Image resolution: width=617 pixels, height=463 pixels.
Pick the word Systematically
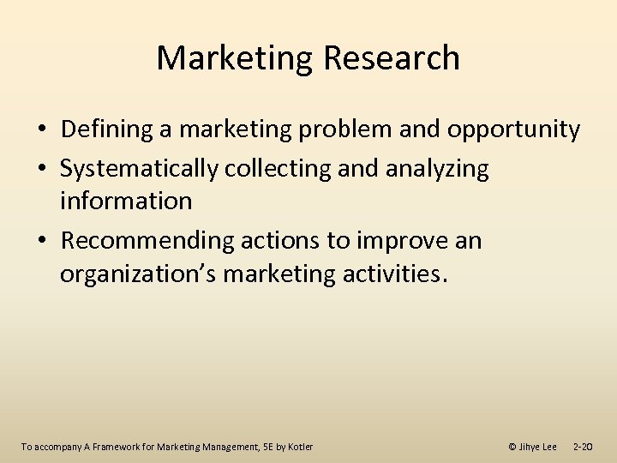coord(139,169)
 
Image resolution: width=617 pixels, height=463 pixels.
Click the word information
coord(126,201)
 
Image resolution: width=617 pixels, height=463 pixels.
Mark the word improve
coord(393,241)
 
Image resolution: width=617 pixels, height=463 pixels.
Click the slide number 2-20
coord(583,447)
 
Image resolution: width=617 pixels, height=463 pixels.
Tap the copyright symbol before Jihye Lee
coord(512,447)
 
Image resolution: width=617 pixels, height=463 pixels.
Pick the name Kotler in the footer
coord(300,447)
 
